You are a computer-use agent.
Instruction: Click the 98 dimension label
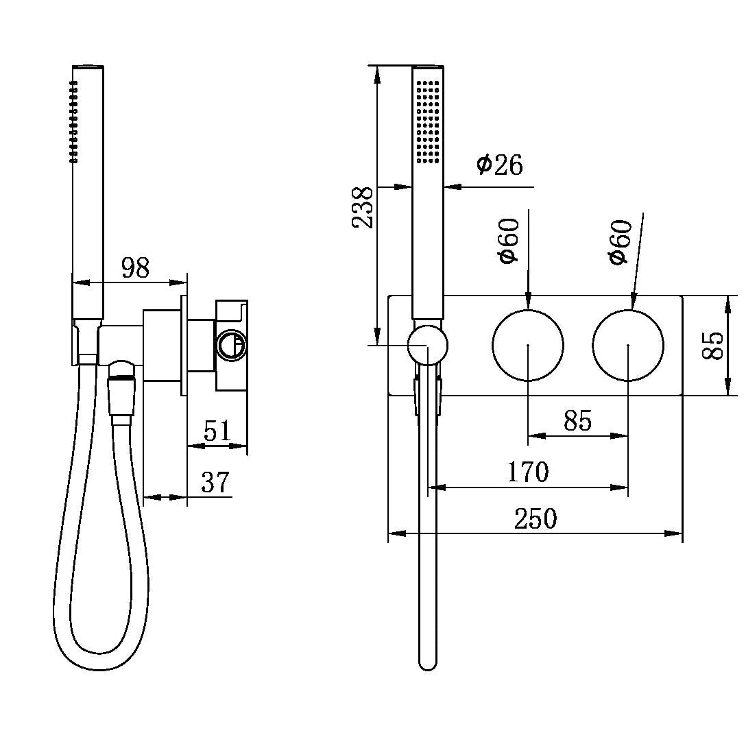tap(135, 268)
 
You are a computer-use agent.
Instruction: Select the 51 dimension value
tap(217, 432)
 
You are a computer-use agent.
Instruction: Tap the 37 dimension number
tap(215, 483)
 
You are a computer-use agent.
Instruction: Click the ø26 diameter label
tap(500, 165)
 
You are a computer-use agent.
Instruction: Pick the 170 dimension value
tap(528, 472)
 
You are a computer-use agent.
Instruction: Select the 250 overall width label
tap(536, 519)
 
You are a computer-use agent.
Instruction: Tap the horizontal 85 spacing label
tap(577, 421)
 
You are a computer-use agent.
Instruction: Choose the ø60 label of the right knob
tap(620, 241)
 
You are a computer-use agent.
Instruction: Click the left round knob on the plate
tap(528, 345)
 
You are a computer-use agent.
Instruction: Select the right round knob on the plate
tap(628, 345)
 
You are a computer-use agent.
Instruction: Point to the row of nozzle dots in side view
tap(73, 122)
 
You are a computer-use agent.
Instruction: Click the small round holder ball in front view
tap(427, 345)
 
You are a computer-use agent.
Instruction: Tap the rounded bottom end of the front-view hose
tap(427, 662)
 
